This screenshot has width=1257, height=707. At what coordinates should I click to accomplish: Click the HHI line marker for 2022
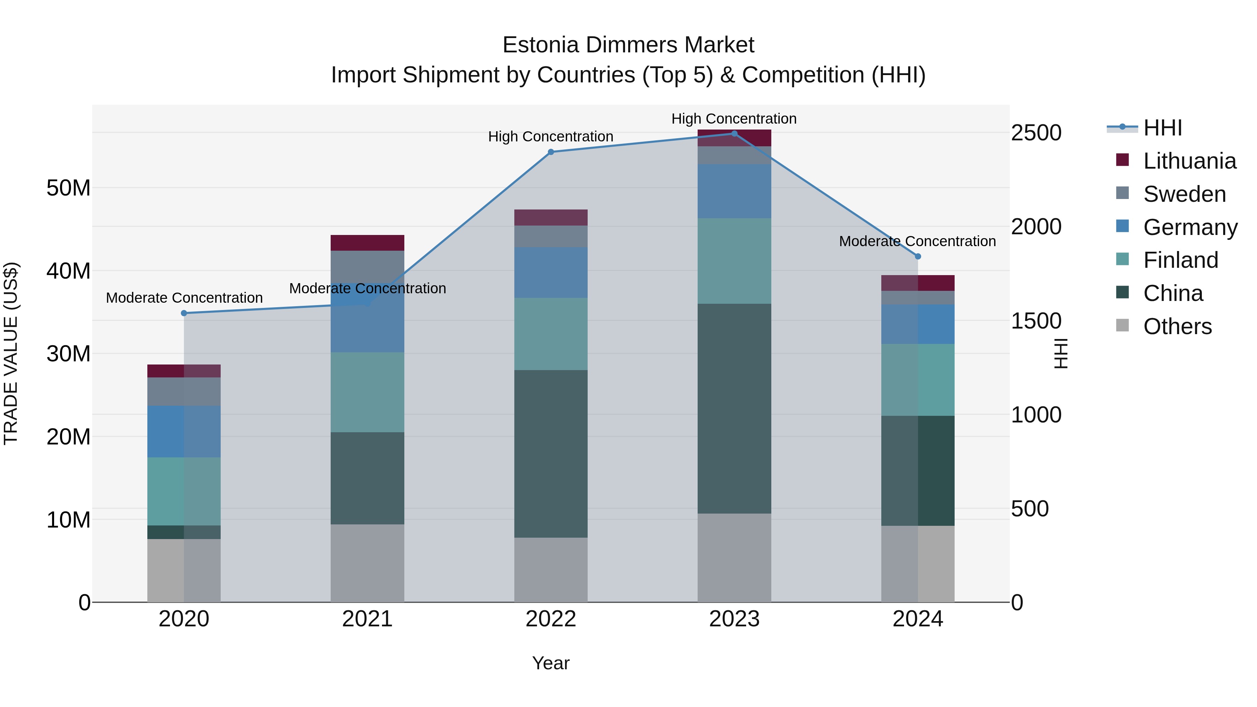tap(551, 152)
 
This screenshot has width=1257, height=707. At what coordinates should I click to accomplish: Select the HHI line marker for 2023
tap(734, 134)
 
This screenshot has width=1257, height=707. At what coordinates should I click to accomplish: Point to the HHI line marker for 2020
tap(184, 313)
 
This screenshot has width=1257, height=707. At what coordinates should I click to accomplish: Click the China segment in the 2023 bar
tap(734, 408)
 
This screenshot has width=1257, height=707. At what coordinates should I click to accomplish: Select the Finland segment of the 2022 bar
tap(551, 334)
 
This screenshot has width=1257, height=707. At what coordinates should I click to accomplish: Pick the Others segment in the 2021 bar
tap(367, 563)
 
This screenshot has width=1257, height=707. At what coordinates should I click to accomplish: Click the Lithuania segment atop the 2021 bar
tap(367, 243)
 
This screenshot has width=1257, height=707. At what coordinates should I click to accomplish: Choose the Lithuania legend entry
tap(1189, 161)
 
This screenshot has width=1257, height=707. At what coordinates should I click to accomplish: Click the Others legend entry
tap(1177, 326)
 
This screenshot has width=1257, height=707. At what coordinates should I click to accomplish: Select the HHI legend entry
tap(1162, 128)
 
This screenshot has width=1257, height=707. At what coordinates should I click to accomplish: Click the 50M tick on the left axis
tap(68, 188)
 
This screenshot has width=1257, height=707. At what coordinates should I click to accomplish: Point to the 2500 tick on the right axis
tap(1036, 133)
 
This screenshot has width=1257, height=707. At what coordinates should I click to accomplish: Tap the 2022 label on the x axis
tap(551, 619)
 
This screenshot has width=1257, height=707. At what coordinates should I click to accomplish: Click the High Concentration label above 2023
tap(734, 119)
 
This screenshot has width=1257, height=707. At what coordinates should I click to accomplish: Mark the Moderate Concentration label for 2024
tap(917, 241)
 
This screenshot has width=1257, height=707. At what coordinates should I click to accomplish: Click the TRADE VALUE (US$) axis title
tap(11, 353)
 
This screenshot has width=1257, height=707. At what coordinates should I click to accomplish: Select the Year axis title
tap(551, 663)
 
